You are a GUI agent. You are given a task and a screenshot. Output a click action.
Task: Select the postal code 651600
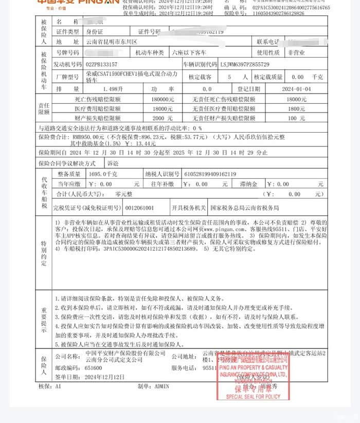[93, 368]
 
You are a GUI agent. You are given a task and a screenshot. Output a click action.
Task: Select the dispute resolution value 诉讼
[113, 163]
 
